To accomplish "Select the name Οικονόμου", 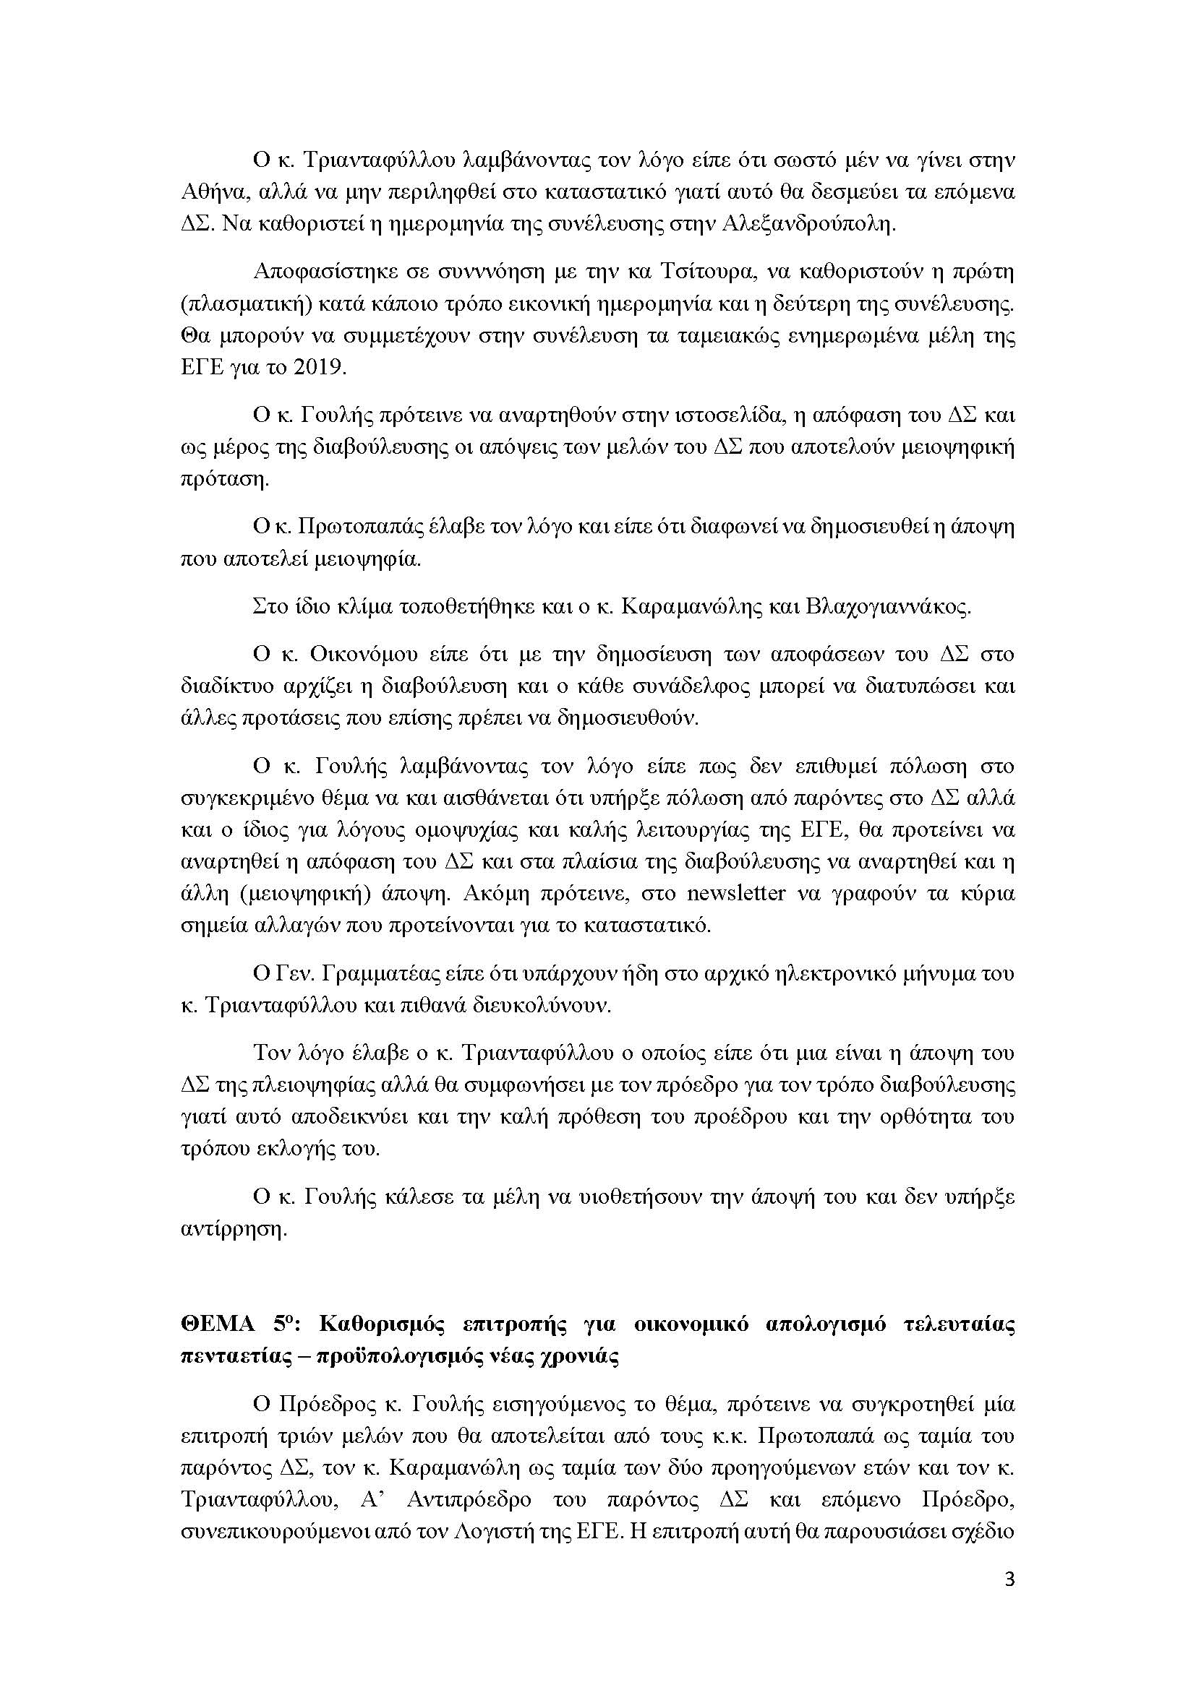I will coord(367,655).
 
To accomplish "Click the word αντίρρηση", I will coord(233,1229).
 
